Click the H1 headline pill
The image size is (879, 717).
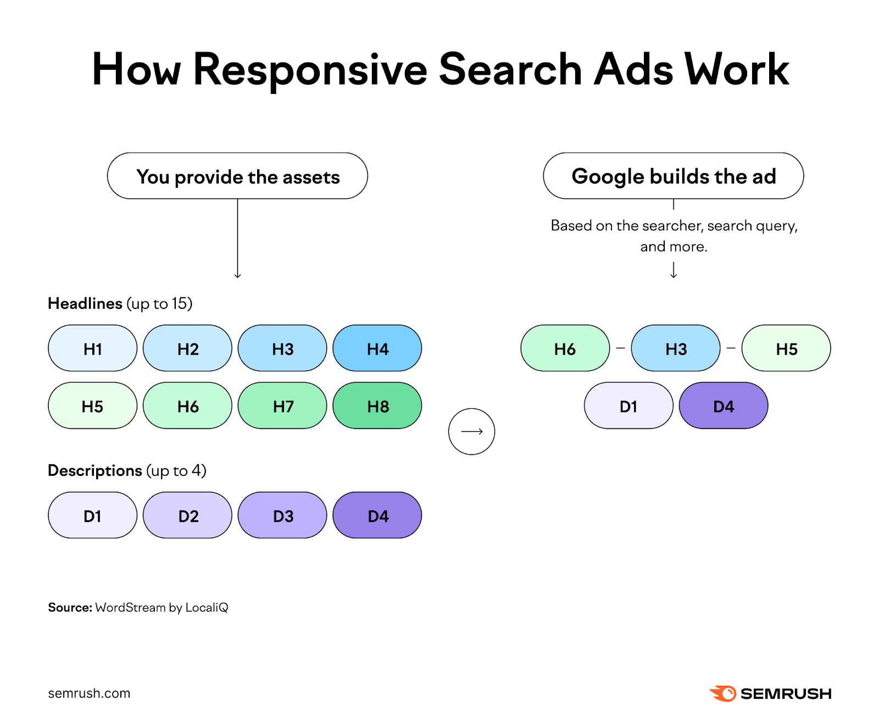(x=92, y=348)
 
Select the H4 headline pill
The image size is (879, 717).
(x=377, y=348)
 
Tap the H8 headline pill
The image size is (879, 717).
(x=377, y=406)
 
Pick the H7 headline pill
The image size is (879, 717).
(x=282, y=406)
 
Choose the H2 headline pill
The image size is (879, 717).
(x=187, y=348)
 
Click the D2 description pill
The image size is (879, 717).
(x=187, y=515)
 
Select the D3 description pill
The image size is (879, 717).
(x=282, y=515)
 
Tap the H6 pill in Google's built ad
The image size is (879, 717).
(x=565, y=348)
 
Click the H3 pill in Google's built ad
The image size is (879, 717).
(x=676, y=348)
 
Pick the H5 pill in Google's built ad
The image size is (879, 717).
(x=786, y=348)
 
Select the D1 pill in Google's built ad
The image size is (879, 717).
(x=628, y=406)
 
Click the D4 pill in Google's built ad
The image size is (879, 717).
(x=724, y=406)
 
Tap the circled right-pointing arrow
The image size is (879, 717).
(x=471, y=431)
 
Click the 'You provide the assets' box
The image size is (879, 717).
(x=237, y=176)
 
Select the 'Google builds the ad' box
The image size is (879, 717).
(x=674, y=176)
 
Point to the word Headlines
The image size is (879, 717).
(x=85, y=303)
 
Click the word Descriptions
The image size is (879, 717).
(x=94, y=470)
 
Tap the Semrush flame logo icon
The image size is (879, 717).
(x=723, y=693)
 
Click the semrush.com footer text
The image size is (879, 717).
(x=89, y=693)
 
